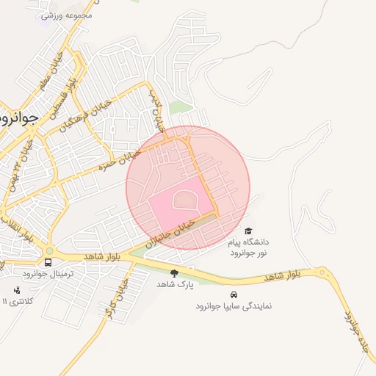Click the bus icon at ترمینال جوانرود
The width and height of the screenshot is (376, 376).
click(48, 263)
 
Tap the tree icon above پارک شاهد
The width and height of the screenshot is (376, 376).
click(174, 273)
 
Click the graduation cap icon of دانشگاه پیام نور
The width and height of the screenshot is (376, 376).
click(247, 231)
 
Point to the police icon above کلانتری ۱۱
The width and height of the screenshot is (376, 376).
click(18, 289)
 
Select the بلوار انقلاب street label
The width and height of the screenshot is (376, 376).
click(16, 228)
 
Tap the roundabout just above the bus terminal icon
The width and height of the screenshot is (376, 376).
click(48, 250)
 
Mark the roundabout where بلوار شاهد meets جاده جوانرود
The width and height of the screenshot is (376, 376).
click(322, 273)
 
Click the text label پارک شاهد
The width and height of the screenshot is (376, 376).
click(174, 284)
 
